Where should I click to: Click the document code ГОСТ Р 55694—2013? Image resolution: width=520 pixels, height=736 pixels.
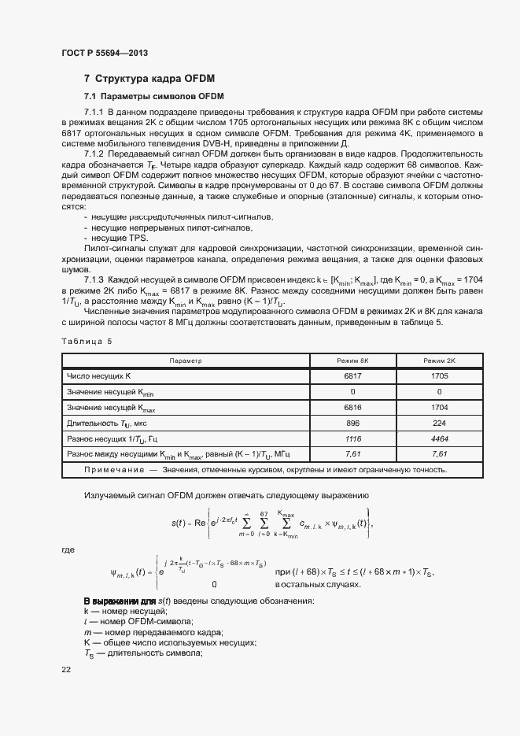[x=104, y=53]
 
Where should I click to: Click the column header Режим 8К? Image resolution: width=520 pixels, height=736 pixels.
[x=352, y=361]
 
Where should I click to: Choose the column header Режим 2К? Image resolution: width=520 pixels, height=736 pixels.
[x=439, y=361]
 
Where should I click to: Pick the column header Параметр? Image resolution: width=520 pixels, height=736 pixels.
[x=186, y=361]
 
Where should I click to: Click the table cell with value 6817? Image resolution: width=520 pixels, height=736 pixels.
[x=352, y=375]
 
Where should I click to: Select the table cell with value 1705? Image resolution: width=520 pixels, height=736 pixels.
[x=439, y=375]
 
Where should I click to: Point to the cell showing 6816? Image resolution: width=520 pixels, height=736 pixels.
[x=352, y=407]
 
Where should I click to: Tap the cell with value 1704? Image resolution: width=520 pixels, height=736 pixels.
[x=439, y=407]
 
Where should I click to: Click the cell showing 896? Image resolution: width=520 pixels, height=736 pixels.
[x=352, y=423]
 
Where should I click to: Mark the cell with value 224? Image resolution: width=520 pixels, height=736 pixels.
[x=439, y=423]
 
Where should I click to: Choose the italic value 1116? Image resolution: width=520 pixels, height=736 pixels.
[x=352, y=438]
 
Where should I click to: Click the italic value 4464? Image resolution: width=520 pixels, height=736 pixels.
[x=439, y=438]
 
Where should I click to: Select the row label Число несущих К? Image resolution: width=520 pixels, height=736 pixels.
[x=98, y=375]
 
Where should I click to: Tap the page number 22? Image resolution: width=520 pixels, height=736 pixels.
[x=66, y=669]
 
